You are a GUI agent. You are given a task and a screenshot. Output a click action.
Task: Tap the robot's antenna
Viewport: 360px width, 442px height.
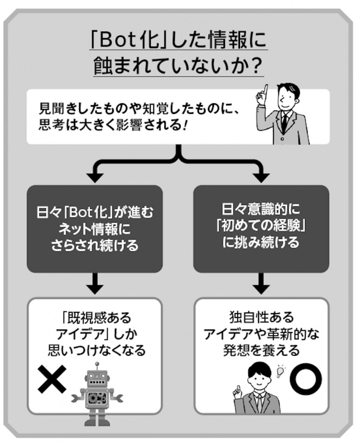pos(97,366)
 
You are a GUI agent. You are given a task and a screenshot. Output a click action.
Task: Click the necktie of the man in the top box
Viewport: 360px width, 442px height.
pos(284,121)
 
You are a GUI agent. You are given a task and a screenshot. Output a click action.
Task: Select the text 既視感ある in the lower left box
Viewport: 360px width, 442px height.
pos(96,318)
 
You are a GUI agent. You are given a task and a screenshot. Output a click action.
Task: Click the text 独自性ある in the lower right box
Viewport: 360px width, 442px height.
pos(261,318)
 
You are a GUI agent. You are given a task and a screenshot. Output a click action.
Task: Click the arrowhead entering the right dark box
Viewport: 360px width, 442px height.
pos(262,176)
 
